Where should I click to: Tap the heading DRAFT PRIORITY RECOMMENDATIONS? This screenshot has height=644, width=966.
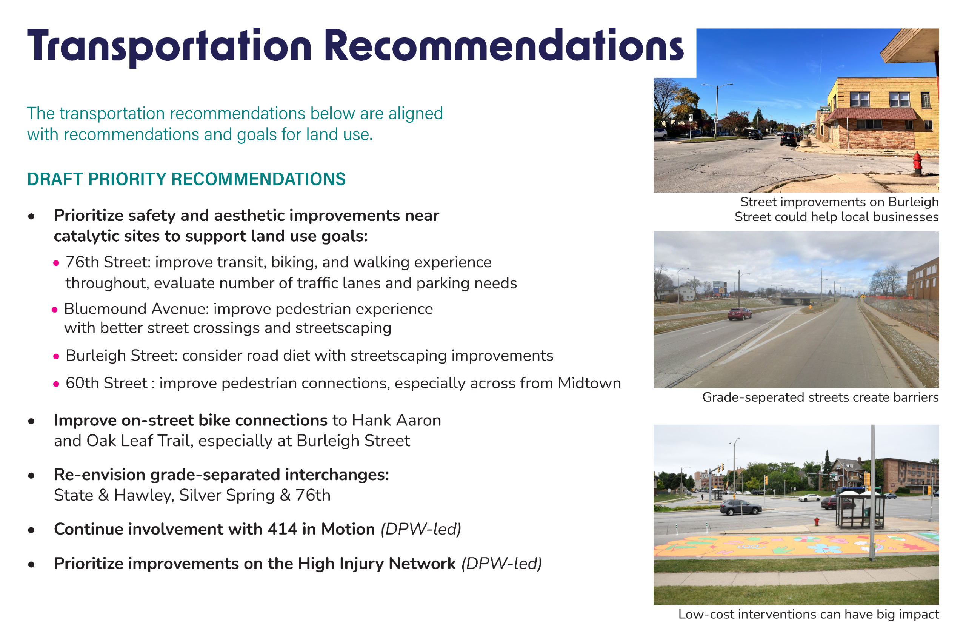coord(186,179)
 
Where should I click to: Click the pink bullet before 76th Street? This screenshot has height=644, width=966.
coord(56,263)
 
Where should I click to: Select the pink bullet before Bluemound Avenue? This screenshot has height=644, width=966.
coord(55,310)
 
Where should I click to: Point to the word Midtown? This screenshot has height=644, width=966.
coord(589,383)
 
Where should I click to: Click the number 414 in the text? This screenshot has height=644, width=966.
coord(282,529)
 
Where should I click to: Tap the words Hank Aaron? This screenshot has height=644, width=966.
coord(396,421)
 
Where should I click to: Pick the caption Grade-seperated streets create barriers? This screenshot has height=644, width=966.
coord(820,397)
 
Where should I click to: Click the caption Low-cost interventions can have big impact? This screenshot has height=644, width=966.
coord(808,615)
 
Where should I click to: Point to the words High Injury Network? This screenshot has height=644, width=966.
coord(377,564)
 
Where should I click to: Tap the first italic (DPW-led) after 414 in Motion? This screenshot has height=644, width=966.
coord(421,529)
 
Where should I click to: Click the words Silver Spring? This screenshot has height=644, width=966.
coord(227,495)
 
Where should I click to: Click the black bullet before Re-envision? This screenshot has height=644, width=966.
coord(31,476)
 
